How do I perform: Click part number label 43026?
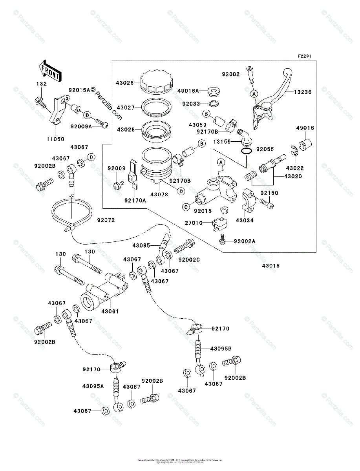(x=125, y=83)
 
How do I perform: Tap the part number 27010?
(x=194, y=223)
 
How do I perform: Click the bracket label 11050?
(x=56, y=139)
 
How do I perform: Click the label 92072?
(x=106, y=221)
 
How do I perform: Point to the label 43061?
(x=110, y=311)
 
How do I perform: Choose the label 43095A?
(x=93, y=386)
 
